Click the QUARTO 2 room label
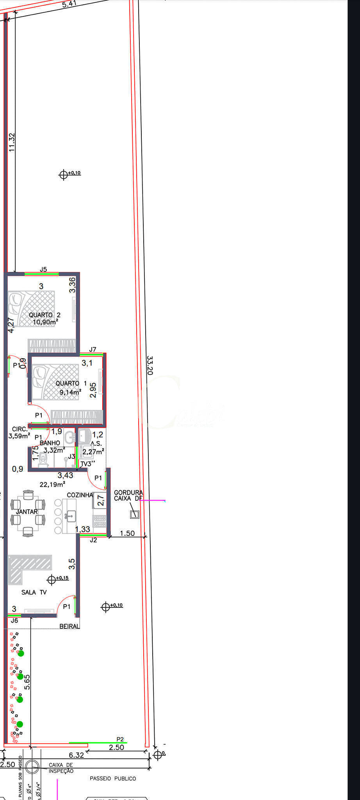point(45,315)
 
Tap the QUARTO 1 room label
point(71,384)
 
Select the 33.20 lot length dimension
point(150,365)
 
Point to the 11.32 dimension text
point(12,142)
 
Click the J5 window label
point(43,269)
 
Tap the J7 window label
point(93,349)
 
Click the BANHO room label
point(50,443)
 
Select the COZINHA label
point(80,495)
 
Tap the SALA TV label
point(34,592)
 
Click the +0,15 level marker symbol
point(52,579)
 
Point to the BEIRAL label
point(69,626)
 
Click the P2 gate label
point(120,739)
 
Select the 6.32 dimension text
point(77,755)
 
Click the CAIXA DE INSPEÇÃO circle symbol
point(32,766)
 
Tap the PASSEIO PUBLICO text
point(113,779)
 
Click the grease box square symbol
point(134,514)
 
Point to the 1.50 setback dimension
point(127,533)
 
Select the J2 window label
point(93,540)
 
